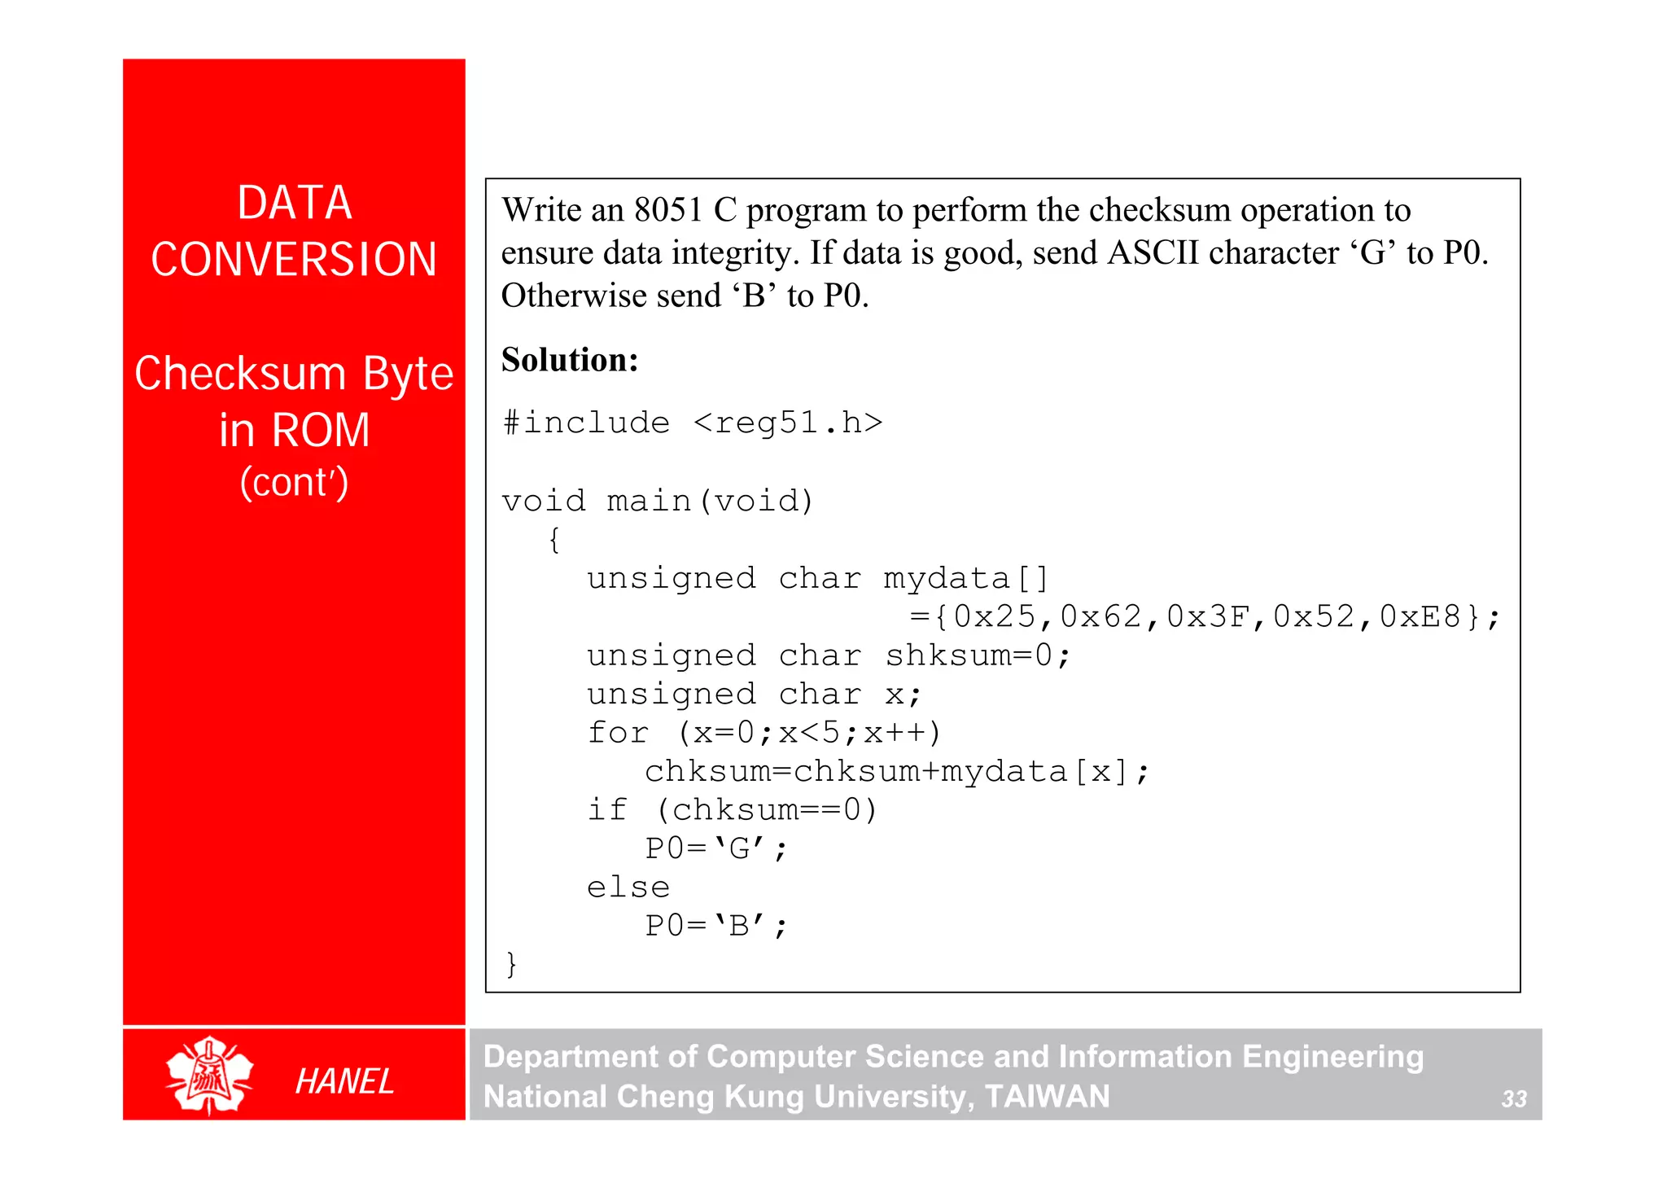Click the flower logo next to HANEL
(209, 1075)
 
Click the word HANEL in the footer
(344, 1081)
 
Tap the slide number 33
(1513, 1099)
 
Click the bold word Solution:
(570, 359)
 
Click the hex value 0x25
(995, 617)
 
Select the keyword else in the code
(628, 887)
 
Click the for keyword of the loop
(618, 733)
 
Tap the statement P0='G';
(716, 848)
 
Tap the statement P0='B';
(716, 926)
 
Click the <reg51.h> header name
(788, 423)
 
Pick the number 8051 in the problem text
(668, 210)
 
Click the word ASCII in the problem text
(1153, 253)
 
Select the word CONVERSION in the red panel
(294, 260)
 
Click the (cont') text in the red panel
(294, 482)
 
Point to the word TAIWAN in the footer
(1047, 1097)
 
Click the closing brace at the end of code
(511, 964)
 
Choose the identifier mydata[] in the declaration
(966, 579)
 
